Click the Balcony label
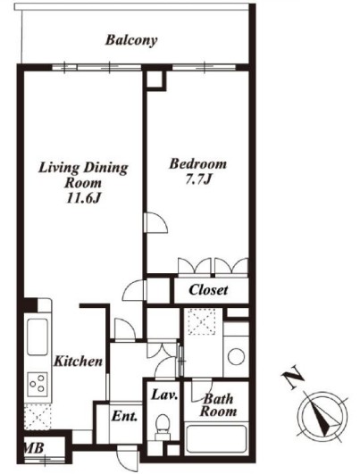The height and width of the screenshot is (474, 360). click(131, 40)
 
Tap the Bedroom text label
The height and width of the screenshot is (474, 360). click(197, 164)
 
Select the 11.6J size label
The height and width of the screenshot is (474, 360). click(83, 198)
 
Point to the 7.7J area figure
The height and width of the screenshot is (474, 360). click(197, 179)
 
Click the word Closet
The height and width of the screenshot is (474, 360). click(208, 290)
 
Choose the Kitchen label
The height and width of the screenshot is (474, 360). click(78, 361)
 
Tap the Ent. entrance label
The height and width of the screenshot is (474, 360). click(124, 416)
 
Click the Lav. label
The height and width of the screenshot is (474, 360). click(164, 395)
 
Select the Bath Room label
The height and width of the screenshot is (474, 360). click(218, 405)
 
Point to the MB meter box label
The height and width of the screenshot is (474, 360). click(34, 448)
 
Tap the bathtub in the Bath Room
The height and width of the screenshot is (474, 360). click(216, 439)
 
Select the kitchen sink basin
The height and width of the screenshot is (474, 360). click(38, 337)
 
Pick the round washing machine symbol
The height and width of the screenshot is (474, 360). click(236, 357)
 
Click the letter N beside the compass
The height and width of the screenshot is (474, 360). click(292, 378)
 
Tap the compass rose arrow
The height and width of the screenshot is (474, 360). click(322, 416)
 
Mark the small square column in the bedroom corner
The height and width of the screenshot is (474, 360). click(155, 79)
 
